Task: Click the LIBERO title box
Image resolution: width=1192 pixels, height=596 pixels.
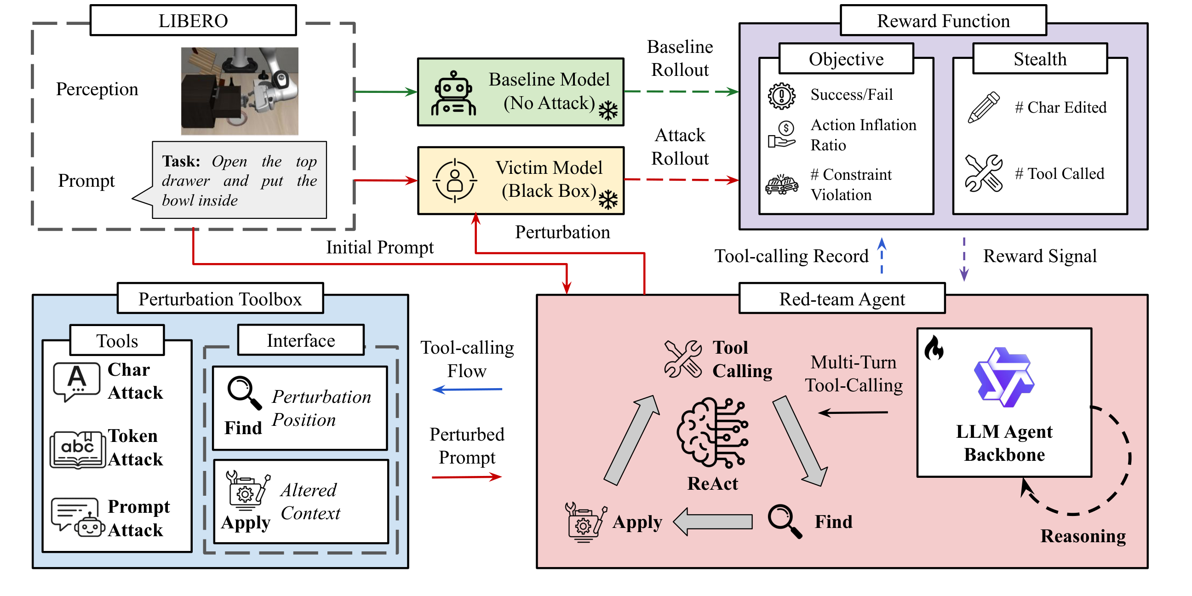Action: coord(193,21)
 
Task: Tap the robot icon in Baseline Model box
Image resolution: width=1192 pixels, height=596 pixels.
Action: coord(453,94)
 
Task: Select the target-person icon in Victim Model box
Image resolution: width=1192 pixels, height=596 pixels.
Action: coord(454,181)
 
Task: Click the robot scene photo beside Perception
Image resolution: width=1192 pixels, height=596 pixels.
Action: coord(239,91)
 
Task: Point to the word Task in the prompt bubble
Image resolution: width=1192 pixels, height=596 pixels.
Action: coord(180,161)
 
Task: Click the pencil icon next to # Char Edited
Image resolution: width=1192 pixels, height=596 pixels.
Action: coord(983,107)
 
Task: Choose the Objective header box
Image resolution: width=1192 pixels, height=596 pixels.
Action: coord(846,59)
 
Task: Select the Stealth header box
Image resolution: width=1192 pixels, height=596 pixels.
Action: coord(1040,59)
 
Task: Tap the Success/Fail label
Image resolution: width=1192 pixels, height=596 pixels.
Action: coord(851,95)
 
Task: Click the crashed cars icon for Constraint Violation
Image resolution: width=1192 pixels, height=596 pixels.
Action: coord(781,185)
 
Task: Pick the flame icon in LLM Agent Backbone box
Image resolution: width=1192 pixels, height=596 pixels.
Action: coord(934,348)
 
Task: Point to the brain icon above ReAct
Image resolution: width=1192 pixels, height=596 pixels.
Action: coord(712,433)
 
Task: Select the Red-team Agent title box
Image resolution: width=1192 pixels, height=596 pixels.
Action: coord(842,299)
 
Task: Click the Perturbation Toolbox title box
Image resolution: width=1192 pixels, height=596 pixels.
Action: coord(220,299)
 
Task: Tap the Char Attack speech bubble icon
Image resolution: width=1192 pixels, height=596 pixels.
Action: coord(76,381)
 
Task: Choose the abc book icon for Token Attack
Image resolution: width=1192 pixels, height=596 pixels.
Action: coord(77,449)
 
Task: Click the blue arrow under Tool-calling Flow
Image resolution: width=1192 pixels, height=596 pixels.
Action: coord(467,390)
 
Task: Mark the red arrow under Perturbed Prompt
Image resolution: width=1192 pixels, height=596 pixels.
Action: coord(466,477)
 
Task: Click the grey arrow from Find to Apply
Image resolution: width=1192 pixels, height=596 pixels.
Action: coord(713,522)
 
